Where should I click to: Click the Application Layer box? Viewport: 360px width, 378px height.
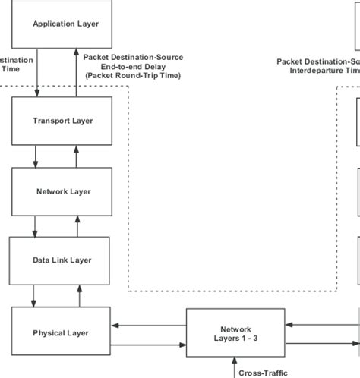[x=65, y=24]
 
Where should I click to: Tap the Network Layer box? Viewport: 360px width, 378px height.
[x=63, y=191]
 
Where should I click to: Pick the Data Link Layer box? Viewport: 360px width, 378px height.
[x=62, y=260]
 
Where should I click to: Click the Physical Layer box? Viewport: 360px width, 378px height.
[x=61, y=332]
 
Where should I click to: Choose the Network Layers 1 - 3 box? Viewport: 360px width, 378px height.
[x=235, y=334]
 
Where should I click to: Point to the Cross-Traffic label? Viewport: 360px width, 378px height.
[x=263, y=373]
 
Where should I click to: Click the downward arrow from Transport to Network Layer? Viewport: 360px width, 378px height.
[x=35, y=156]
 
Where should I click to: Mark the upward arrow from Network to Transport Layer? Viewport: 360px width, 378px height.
[x=75, y=156]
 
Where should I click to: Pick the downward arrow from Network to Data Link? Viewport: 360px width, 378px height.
[x=35, y=226]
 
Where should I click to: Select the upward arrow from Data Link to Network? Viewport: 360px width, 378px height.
[x=75, y=226]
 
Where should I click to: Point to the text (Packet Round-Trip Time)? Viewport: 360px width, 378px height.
[x=133, y=76]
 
